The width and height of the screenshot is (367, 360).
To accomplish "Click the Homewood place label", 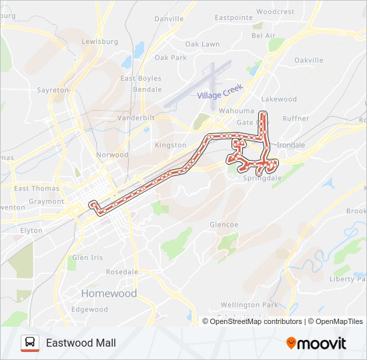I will tap(109, 293).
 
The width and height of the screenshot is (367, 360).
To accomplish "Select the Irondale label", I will tap(291, 145).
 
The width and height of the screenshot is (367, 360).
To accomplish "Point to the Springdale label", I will tap(263, 179).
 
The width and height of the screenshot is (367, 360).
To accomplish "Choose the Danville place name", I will tap(169, 19).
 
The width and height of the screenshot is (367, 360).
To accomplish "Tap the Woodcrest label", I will tap(275, 11).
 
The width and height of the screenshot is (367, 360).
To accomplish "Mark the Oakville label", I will tap(308, 60).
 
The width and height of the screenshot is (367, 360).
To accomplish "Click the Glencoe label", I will tap(224, 225).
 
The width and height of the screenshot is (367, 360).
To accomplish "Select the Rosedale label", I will tap(122, 272).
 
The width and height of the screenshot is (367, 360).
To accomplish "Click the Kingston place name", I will tap(171, 145).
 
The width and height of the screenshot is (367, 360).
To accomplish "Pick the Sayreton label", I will tap(53, 89).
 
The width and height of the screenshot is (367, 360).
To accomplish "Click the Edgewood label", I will tap(89, 309).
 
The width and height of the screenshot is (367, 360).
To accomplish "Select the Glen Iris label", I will tap(88, 257).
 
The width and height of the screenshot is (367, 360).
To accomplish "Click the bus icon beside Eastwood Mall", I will tap(29, 343).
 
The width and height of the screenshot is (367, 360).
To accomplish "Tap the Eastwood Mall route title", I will tap(81, 343).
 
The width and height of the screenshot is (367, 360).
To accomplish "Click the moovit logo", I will tap(316, 343).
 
